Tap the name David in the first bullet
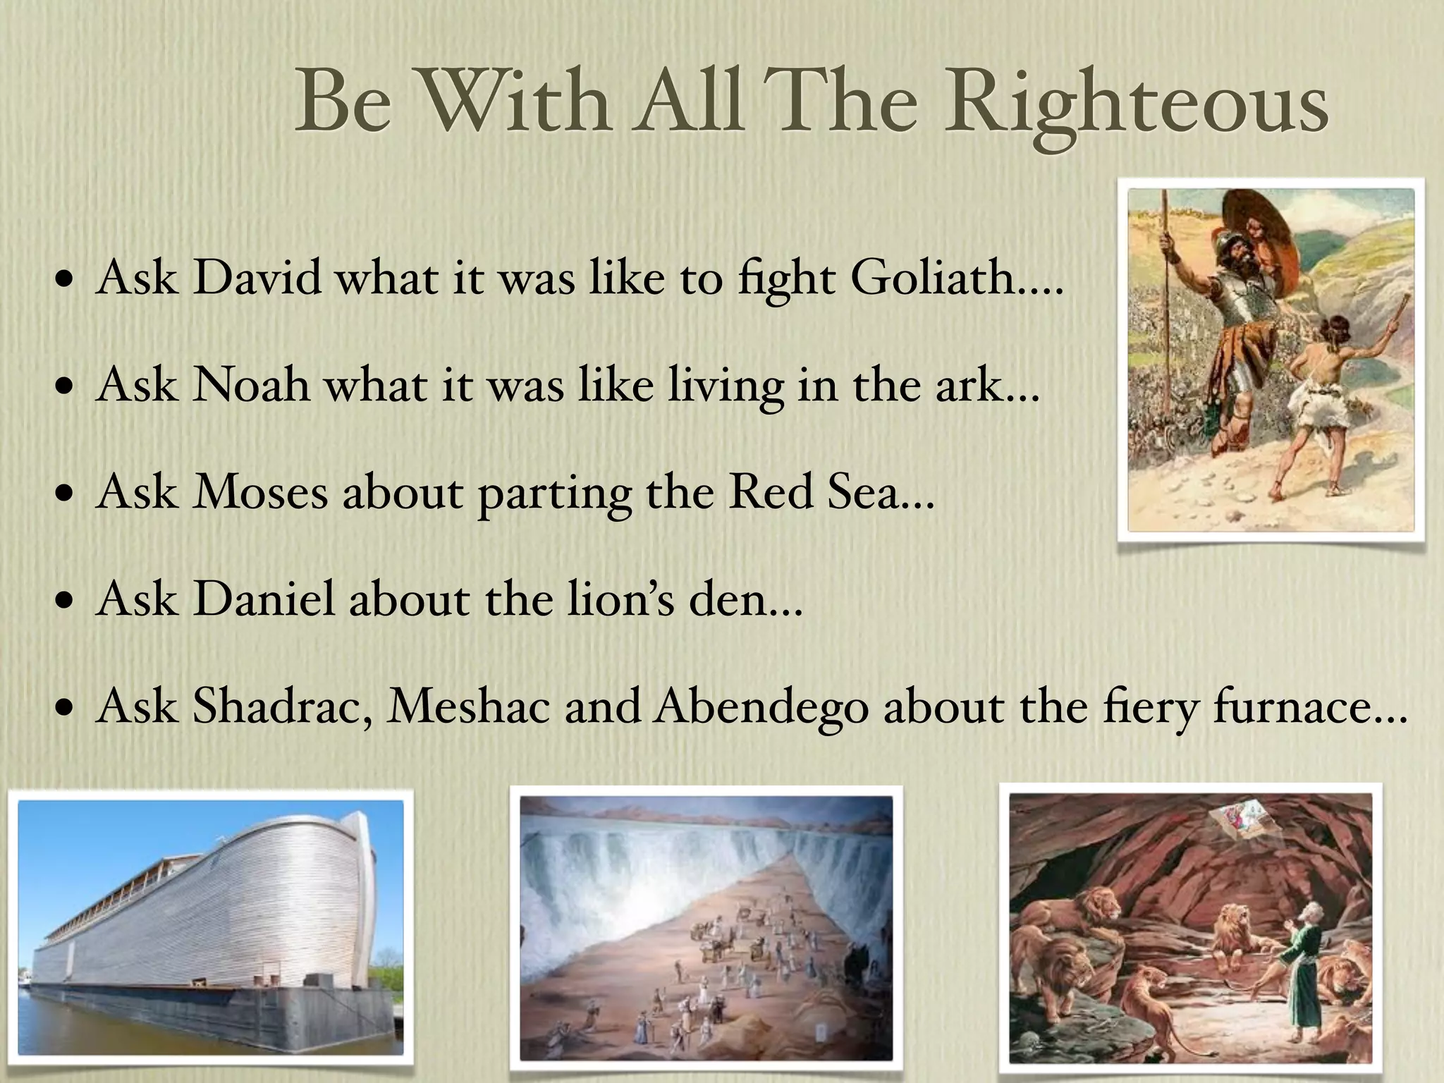(x=257, y=278)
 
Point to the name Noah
(x=251, y=386)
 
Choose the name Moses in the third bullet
(x=261, y=492)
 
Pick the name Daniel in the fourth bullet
(x=264, y=600)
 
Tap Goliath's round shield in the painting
(x=1252, y=240)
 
